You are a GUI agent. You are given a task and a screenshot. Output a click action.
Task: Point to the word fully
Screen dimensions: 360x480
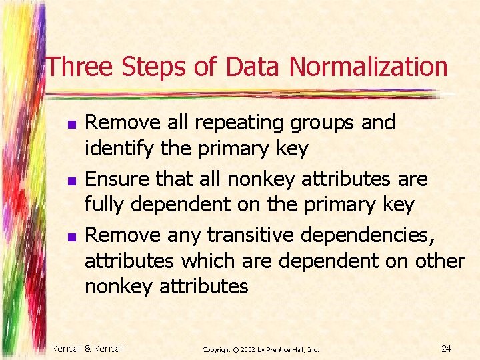coord(105,205)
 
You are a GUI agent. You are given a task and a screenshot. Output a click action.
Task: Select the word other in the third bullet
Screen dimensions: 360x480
coord(437,261)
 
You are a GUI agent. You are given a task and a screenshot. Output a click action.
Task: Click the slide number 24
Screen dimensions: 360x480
coord(447,349)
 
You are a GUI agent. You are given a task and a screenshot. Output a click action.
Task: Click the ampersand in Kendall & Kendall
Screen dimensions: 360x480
coord(88,349)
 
